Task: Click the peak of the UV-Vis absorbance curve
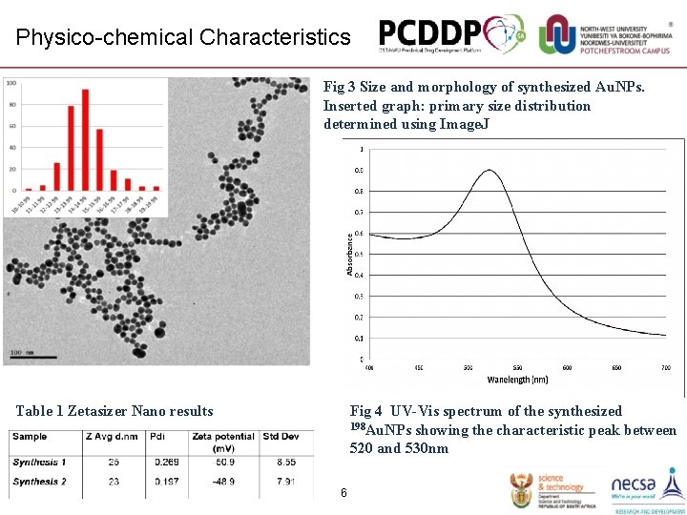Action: (489, 171)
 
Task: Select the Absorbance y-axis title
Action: (350, 255)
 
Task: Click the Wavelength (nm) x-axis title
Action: (517, 379)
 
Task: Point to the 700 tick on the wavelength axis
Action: (665, 367)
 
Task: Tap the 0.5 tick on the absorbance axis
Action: (359, 254)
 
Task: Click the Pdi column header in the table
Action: (157, 437)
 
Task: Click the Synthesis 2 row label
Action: (40, 482)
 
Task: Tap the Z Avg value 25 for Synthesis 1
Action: (114, 463)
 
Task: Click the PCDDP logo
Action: (450, 35)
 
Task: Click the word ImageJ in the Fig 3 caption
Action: (468, 124)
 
